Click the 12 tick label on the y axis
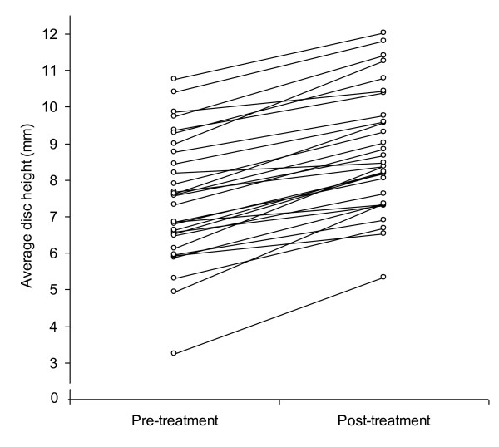tap(50, 34)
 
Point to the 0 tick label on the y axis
tap(54, 398)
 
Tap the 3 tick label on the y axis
tap(55, 363)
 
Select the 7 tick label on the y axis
tap(55, 217)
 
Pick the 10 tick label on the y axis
tap(50, 107)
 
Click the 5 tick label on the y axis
tap(55, 290)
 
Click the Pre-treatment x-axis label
tap(175, 420)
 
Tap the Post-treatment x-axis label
tap(383, 420)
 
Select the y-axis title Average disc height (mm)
tap(27, 206)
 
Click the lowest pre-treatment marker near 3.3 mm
tap(174, 353)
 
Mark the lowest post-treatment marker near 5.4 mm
tap(383, 277)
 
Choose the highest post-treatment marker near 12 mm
tap(383, 32)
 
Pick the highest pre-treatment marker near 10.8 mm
tap(174, 79)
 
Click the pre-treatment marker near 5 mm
tap(174, 292)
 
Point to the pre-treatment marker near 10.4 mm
tap(174, 91)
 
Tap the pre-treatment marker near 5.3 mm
tap(174, 278)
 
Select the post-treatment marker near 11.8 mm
tap(383, 41)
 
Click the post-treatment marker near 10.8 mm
tap(383, 77)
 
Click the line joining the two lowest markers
tap(279, 315)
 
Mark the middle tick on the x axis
tap(279, 402)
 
